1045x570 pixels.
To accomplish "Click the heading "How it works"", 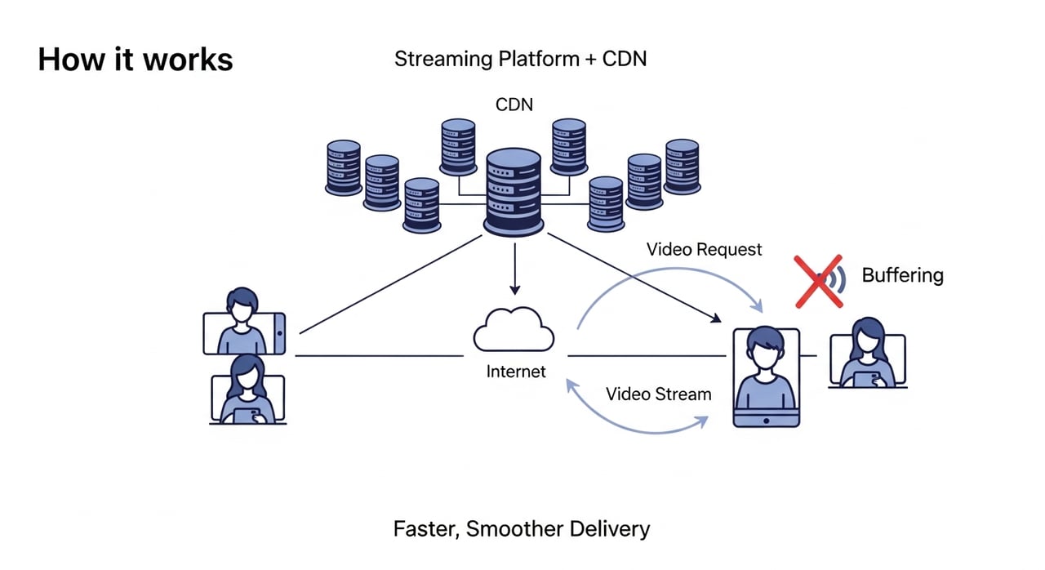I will (x=136, y=60).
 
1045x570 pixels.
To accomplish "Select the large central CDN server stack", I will (x=514, y=193).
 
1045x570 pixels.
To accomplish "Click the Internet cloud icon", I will (x=514, y=330).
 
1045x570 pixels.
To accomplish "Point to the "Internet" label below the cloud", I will (x=516, y=372).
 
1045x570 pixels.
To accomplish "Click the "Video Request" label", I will (x=705, y=249).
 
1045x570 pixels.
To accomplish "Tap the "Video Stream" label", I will (x=659, y=394).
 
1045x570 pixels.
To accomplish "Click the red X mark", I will (x=818, y=280).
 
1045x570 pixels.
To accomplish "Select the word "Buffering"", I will (x=902, y=275).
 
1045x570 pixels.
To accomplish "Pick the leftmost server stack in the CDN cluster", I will (x=343, y=167).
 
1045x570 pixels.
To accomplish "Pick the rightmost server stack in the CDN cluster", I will (x=683, y=166).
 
